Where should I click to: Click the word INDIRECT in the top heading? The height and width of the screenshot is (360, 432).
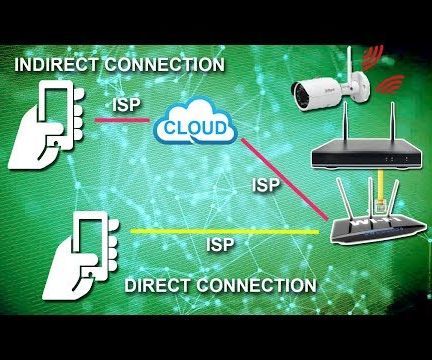(x=53, y=65)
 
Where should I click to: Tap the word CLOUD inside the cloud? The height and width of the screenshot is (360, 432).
(x=193, y=128)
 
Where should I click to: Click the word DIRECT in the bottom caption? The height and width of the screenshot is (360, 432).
(x=158, y=286)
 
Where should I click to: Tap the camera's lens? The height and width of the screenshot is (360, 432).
(x=299, y=94)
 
